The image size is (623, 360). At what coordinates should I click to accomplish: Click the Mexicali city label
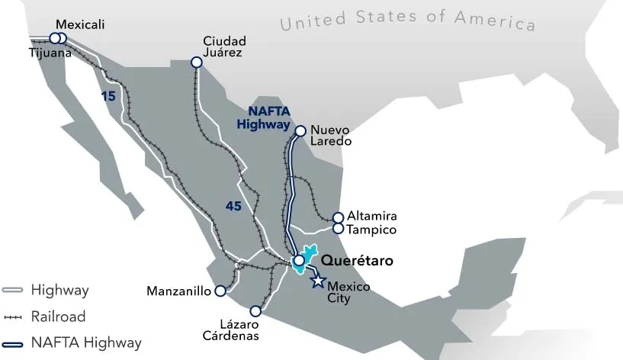80,24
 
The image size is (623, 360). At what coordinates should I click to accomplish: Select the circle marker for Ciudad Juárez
197,63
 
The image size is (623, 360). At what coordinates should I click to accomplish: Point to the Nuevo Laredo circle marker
300,130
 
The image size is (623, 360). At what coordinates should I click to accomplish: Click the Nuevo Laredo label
332,135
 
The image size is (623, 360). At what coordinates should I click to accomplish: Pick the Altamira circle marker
339,217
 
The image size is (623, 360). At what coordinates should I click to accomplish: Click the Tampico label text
372,229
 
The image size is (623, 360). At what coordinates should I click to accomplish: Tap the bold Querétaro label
357,261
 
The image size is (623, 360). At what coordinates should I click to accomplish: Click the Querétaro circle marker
300,261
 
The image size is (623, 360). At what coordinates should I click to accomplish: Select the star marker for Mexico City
317,281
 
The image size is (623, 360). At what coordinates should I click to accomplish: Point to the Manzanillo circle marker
220,291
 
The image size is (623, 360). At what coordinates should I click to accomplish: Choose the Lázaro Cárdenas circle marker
255,311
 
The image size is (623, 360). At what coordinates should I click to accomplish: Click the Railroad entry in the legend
58,317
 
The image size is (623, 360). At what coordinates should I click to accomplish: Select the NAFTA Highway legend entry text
86,342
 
